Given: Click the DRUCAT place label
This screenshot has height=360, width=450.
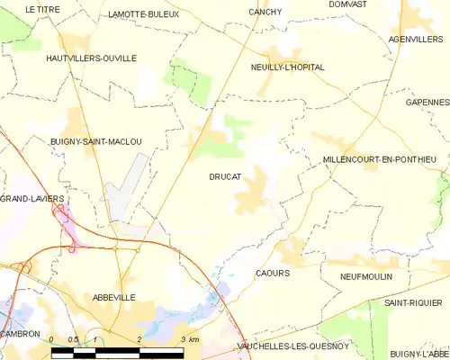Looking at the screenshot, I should [x=224, y=177].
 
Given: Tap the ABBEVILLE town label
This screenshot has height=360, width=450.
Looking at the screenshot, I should [x=113, y=297].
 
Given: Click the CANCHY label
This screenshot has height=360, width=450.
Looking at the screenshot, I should [x=265, y=12].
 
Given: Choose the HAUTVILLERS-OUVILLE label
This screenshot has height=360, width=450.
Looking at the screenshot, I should [x=91, y=58].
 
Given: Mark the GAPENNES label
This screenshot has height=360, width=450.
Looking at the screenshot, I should [x=427, y=103].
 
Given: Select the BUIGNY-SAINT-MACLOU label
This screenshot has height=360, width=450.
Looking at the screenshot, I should [x=96, y=141].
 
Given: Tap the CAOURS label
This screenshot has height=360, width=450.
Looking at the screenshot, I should [x=272, y=273].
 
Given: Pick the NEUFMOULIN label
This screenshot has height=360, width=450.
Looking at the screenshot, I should [x=366, y=276].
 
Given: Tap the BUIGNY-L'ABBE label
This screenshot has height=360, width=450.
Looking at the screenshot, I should [x=419, y=355].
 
